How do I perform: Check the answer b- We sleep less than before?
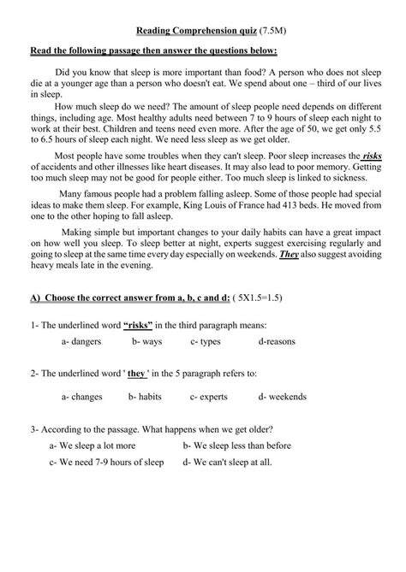pos(236,445)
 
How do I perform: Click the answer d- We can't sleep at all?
pos(227,462)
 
